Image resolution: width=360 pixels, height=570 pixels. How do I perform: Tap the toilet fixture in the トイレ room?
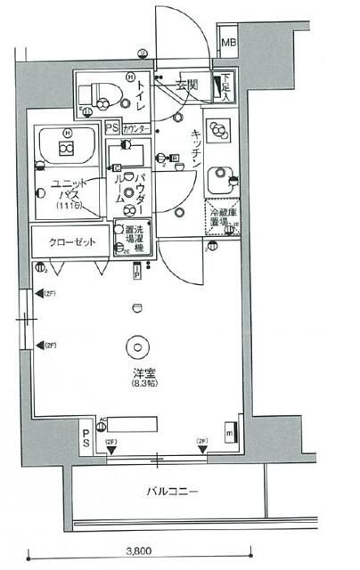pyautogui.click(x=96, y=94)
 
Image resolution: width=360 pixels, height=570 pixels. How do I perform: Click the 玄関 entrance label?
pyautogui.click(x=186, y=85)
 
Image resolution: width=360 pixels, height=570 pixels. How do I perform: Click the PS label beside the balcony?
pyautogui.click(x=86, y=438)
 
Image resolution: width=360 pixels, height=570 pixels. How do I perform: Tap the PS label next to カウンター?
pyautogui.click(x=111, y=128)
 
